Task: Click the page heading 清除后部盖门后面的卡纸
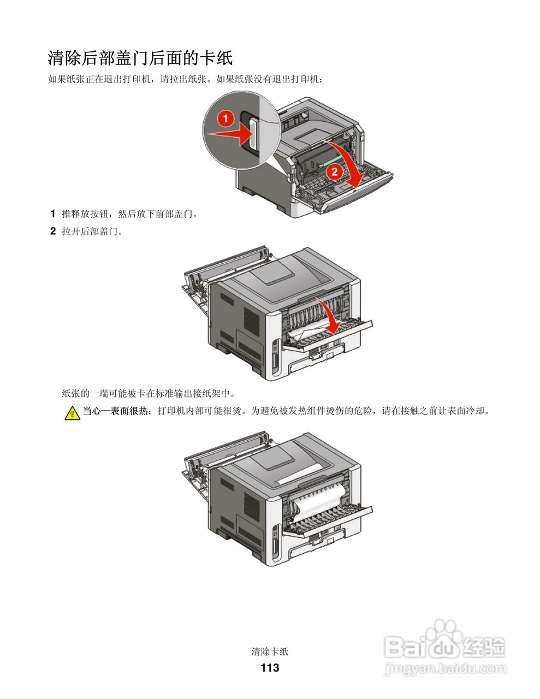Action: pos(140,57)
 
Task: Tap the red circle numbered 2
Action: pos(334,171)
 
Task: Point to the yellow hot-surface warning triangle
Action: pos(72,413)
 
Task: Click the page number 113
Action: pos(270,667)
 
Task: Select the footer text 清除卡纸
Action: pos(270,651)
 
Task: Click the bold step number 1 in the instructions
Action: pos(53,214)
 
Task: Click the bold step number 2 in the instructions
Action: pos(53,231)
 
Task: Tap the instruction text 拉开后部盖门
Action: pos(92,231)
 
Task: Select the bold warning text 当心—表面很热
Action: pos(117,411)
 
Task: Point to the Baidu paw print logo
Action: pos(443,633)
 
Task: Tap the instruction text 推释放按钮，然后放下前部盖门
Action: pos(130,214)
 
